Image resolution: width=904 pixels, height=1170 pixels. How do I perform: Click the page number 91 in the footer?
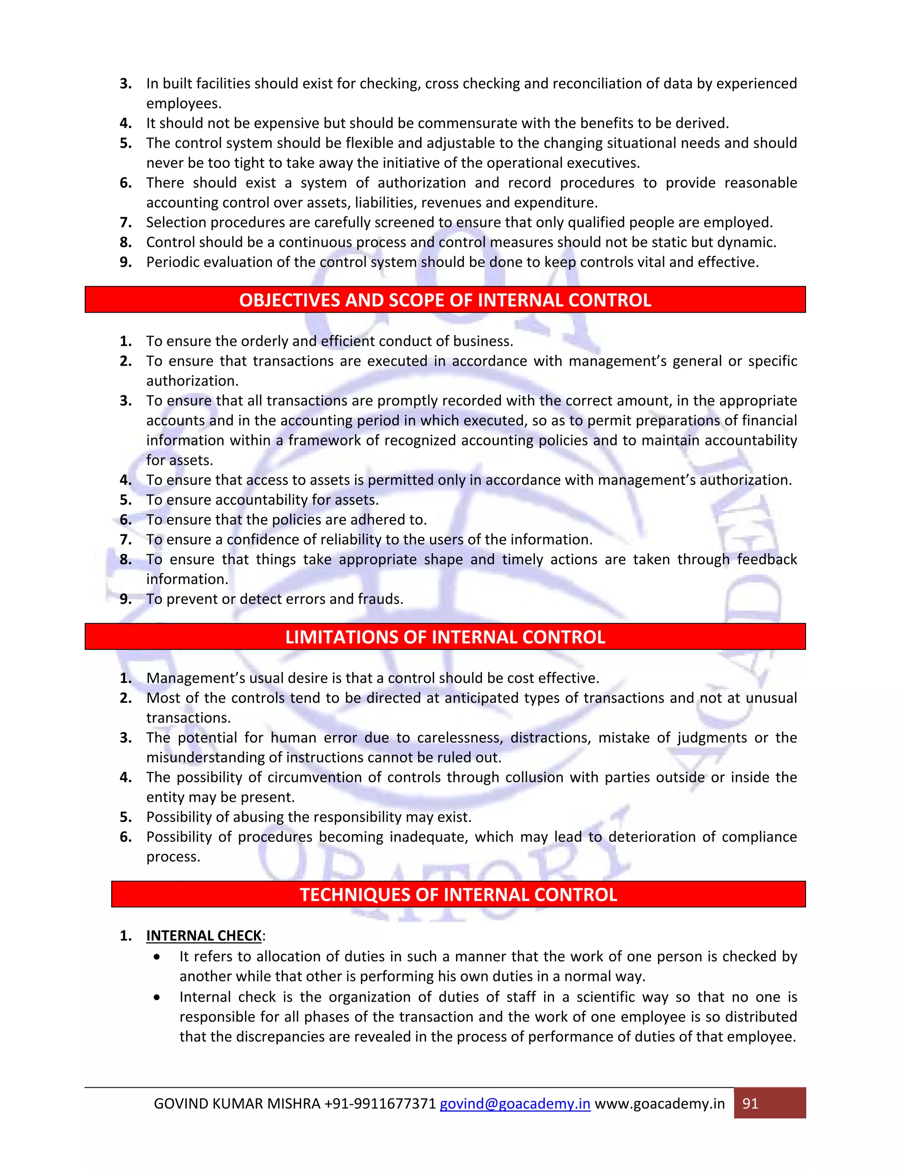[750, 1104]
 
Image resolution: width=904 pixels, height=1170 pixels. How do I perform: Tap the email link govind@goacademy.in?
[515, 1104]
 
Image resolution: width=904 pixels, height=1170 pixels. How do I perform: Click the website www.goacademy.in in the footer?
[660, 1104]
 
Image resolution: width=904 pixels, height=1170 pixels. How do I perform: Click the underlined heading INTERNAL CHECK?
[204, 936]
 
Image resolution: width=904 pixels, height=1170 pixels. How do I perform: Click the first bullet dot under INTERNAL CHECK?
[156, 957]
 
